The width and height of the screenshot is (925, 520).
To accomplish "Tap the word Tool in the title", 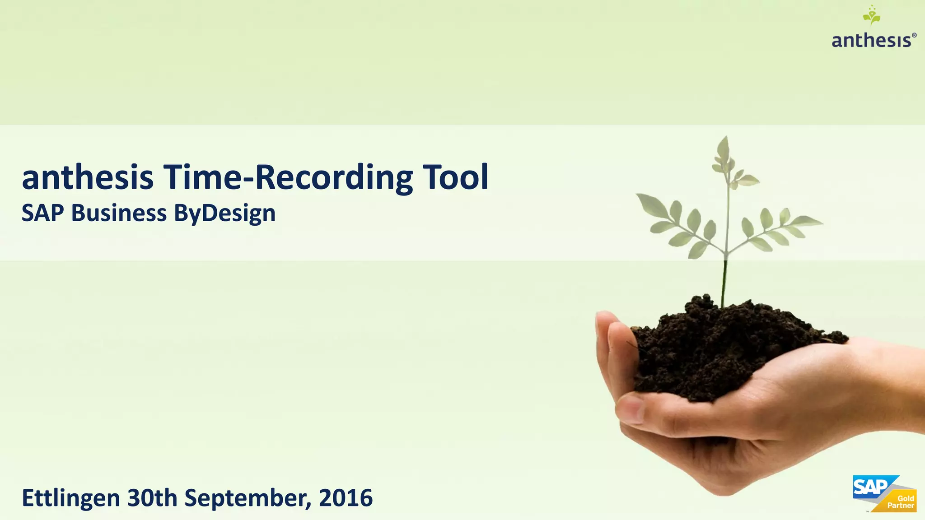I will pyautogui.click(x=455, y=177).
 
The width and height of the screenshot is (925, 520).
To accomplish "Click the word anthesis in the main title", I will pyautogui.click(x=88, y=177).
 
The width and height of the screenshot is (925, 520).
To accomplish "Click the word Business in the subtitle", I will pyautogui.click(x=119, y=213).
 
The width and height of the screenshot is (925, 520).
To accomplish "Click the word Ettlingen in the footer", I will pyautogui.click(x=71, y=498).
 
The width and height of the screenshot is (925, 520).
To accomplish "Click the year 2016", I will pyautogui.click(x=346, y=498).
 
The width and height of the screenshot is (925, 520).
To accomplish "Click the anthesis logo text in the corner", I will pyautogui.click(x=871, y=41).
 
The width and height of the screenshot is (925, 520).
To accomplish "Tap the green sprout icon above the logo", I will pyautogui.click(x=871, y=16).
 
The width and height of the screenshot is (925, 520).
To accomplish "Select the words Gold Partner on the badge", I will pyautogui.click(x=901, y=502).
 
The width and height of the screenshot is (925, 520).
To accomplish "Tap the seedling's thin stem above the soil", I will pyautogui.click(x=724, y=280).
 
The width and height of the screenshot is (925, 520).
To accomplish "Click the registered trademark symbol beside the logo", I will pyautogui.click(x=914, y=35).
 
